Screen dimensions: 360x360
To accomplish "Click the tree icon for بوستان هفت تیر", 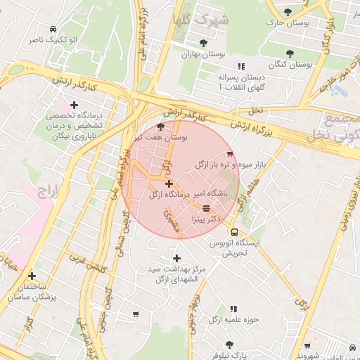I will pos(160,127).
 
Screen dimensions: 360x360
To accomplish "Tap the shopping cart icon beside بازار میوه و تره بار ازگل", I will pos(229,154).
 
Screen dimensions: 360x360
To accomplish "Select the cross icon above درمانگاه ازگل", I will pos(169,184).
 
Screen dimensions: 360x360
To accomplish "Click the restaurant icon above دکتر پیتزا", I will pos(205,208).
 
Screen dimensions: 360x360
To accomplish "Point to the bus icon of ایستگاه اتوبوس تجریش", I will pos(234,232).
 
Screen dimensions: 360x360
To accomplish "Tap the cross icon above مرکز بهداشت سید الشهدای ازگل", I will pos(176,258).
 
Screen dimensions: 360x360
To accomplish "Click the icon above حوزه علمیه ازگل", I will pos(233,309).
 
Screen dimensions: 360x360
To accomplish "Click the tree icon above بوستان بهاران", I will pos(203,43).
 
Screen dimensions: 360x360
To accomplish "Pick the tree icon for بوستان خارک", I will pos(288,12).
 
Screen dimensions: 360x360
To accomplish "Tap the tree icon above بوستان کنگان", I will pos(290,53).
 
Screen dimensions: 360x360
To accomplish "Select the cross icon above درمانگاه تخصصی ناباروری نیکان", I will pos(75,105).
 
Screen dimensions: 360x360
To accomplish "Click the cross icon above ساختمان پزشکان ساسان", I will pos(32,276).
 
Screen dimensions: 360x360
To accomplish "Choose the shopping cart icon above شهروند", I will pos(307,345).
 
